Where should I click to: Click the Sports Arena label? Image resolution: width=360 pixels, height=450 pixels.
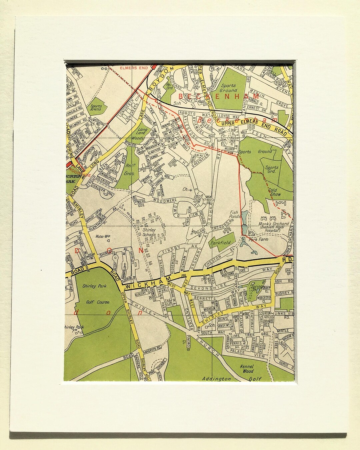point(96,108)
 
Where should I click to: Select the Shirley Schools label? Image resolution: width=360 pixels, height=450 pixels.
point(149,232)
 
